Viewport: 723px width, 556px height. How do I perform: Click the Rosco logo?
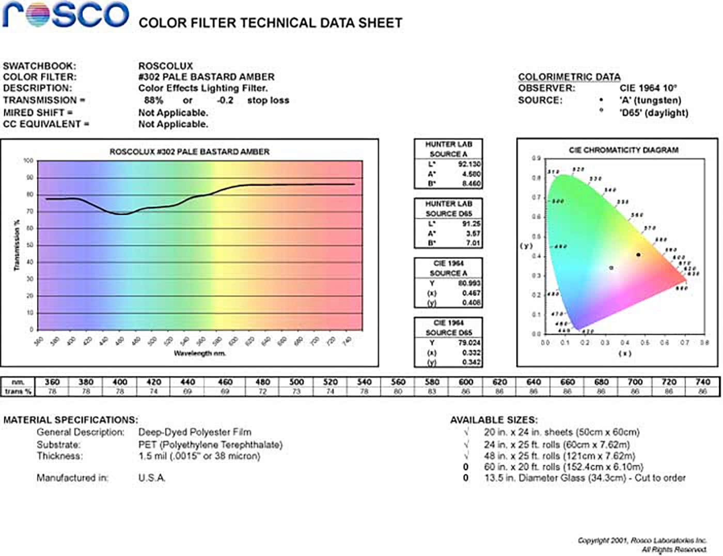[66, 14]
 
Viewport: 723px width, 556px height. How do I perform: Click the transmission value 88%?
[153, 100]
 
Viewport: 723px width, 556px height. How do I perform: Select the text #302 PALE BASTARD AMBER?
[206, 77]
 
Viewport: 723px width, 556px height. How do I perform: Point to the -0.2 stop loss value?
[225, 100]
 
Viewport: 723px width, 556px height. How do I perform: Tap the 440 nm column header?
[187, 382]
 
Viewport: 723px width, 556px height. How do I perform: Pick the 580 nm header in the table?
[432, 382]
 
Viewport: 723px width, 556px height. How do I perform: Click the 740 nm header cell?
[702, 382]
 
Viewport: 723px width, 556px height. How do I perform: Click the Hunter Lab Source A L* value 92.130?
[469, 164]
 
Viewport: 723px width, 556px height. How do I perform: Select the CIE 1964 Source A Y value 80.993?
[469, 283]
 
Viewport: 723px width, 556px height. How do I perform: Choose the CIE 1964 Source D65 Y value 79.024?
[469, 343]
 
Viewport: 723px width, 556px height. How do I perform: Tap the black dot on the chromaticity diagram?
[638, 255]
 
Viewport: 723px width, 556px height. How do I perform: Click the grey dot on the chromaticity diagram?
[611, 268]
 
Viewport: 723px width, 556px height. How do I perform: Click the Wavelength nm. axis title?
[199, 353]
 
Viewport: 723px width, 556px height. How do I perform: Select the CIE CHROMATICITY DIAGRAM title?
[623, 150]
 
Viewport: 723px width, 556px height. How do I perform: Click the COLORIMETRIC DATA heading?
[569, 77]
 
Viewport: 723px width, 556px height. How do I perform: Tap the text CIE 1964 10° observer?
[648, 88]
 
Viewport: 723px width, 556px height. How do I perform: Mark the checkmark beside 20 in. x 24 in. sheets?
[466, 432]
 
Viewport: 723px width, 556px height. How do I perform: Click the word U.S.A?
[152, 478]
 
